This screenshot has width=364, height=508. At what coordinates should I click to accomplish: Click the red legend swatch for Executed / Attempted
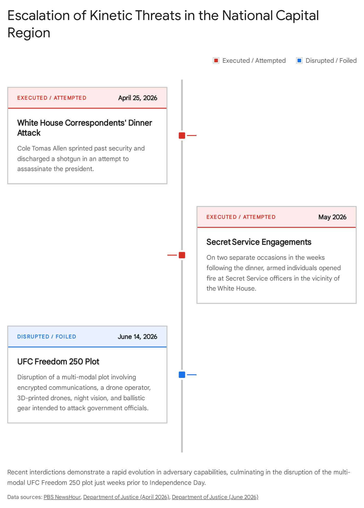click(x=216, y=60)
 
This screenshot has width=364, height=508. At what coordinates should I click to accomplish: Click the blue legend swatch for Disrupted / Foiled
click(x=299, y=60)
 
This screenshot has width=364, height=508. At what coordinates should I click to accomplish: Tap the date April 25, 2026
click(x=138, y=98)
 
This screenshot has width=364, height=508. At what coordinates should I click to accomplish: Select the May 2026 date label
click(x=332, y=217)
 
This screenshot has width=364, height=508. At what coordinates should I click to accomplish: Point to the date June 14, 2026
click(x=137, y=337)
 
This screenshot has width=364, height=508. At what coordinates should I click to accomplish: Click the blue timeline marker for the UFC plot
click(x=182, y=375)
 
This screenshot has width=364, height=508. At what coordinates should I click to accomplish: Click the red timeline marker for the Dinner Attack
click(x=182, y=135)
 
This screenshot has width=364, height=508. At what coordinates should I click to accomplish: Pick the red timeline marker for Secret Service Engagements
click(x=182, y=255)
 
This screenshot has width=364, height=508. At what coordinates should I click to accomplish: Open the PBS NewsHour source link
click(x=62, y=497)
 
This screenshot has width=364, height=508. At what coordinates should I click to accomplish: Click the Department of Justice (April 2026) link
click(x=126, y=497)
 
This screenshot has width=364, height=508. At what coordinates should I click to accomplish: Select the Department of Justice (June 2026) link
click(x=215, y=497)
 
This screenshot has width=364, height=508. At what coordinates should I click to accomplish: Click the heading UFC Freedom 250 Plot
click(x=58, y=361)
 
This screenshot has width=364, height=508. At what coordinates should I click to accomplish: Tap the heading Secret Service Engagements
click(x=259, y=242)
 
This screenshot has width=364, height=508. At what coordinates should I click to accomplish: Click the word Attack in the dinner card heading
click(x=29, y=133)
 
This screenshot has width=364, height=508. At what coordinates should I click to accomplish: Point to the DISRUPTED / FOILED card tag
click(x=47, y=337)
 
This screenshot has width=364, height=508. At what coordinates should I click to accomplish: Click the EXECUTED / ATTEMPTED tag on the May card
click(x=241, y=217)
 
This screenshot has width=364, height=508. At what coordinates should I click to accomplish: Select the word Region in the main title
click(x=29, y=33)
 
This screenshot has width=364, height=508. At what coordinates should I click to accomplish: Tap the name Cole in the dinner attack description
click(x=24, y=148)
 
